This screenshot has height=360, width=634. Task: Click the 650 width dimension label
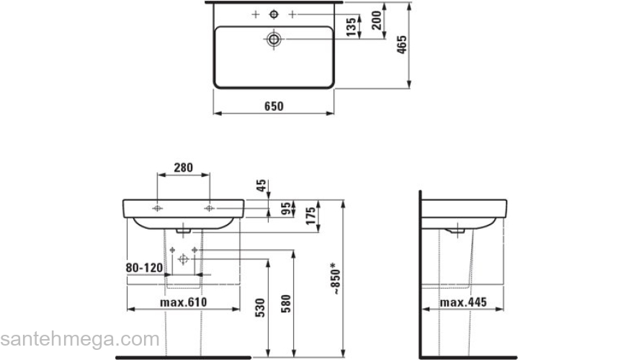273,106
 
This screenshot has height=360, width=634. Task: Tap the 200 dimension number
376,22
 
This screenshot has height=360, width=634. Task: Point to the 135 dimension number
351,27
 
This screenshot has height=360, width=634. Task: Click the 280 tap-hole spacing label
184,168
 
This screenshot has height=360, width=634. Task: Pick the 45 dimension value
262,186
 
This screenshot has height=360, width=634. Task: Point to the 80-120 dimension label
143,266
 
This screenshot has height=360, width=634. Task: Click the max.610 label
183,302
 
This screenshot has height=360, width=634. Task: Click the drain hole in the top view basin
274,38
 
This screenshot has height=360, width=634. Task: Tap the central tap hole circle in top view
274,14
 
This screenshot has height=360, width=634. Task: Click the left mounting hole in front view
158,208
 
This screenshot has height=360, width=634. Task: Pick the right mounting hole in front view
209,208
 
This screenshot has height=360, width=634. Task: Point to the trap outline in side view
456,230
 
